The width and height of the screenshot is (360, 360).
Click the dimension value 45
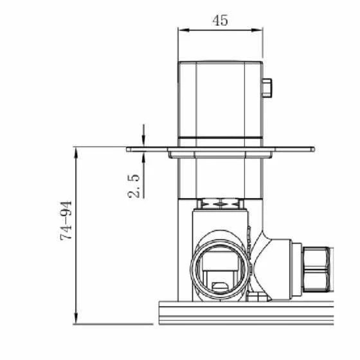(x=220, y=21)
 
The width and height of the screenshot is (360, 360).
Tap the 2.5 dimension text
(x=134, y=186)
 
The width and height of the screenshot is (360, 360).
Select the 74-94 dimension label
(x=66, y=221)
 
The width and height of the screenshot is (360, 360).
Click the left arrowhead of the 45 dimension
(x=184, y=30)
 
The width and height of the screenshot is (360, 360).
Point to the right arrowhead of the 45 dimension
(x=257, y=30)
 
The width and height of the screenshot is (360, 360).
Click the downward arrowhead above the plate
(x=143, y=141)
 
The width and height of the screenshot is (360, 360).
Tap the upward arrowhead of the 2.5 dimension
(x=143, y=157)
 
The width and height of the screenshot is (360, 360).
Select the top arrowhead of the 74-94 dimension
(x=76, y=153)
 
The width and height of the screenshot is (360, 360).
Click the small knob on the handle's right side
(x=267, y=88)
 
